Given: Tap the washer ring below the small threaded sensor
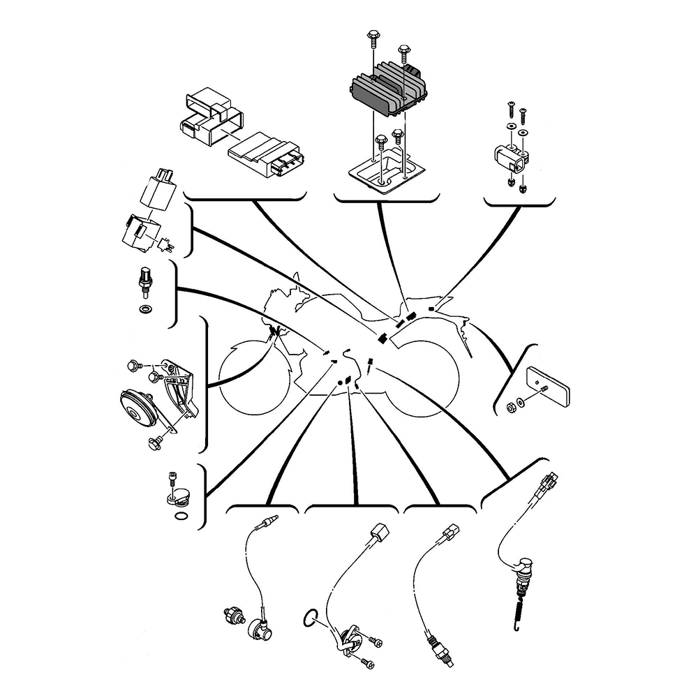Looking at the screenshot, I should [x=144, y=309].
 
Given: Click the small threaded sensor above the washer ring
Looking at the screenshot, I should [x=144, y=282].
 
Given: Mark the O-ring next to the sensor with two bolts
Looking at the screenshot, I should [x=311, y=616].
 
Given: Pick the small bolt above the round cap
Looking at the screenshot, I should [x=172, y=480].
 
